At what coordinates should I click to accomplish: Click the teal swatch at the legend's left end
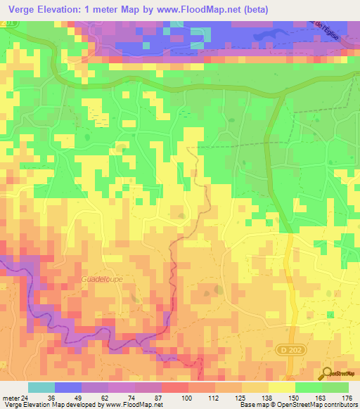click(41, 387)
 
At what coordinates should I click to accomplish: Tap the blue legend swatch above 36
click(68, 387)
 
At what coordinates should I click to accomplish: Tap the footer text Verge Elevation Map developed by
click(51, 405)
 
